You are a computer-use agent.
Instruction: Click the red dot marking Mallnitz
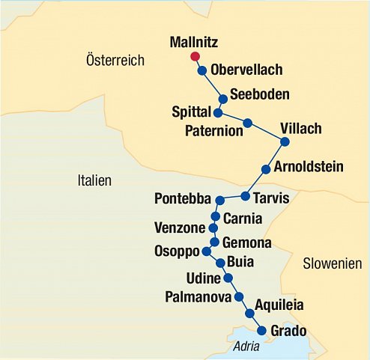pyautogui.click(x=195, y=56)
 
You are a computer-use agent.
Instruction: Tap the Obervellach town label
pyautogui.click(x=246, y=70)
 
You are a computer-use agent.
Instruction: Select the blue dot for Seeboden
pyautogui.click(x=222, y=99)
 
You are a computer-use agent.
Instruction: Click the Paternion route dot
pyautogui.click(x=248, y=123)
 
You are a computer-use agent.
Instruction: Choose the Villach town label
pyautogui.click(x=300, y=128)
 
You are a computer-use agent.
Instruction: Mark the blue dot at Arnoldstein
pyautogui.click(x=266, y=168)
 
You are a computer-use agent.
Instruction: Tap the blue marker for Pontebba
pyautogui.click(x=219, y=201)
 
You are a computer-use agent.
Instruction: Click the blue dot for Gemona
pyautogui.click(x=215, y=242)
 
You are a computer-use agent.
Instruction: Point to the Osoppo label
pyautogui.click(x=177, y=251)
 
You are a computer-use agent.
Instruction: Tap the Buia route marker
pyautogui.click(x=220, y=263)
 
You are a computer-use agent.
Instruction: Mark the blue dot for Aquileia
pyautogui.click(x=249, y=314)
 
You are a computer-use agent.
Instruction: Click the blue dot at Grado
pyautogui.click(x=261, y=330)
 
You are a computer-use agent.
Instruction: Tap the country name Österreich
pyautogui.click(x=115, y=60)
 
